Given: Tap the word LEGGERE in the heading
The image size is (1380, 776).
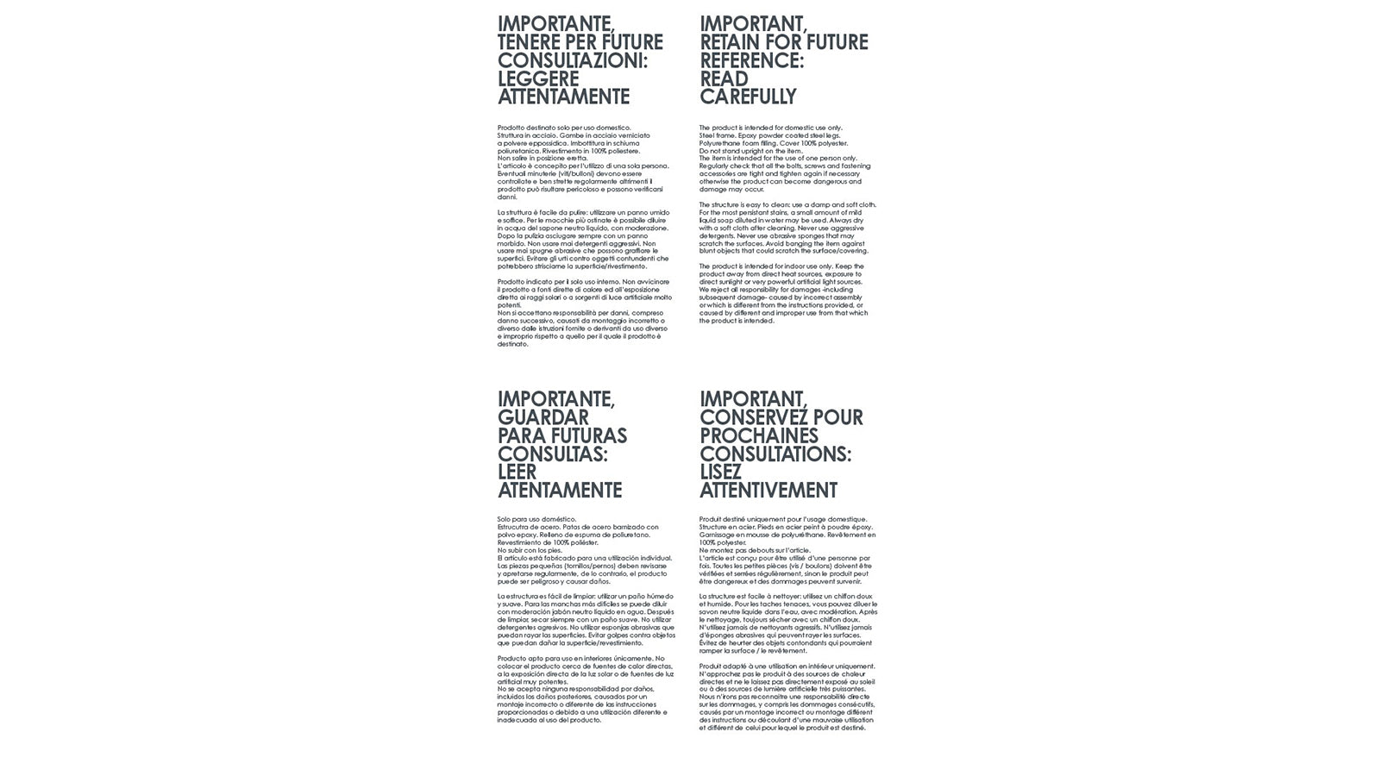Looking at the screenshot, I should point(538,78).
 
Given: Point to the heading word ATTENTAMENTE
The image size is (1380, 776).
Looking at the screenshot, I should point(563,97).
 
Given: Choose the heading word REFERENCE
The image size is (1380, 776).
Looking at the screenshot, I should point(750,60).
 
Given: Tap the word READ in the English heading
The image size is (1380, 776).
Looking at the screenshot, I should point(724,78).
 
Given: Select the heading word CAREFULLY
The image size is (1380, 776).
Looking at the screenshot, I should point(748,97).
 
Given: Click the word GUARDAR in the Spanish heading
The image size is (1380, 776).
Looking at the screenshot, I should point(543,417).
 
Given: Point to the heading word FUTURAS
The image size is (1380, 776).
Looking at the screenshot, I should point(589,435).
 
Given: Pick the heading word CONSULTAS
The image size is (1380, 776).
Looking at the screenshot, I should point(552,454).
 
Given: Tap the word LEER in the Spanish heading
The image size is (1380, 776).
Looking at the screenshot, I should point(517,472).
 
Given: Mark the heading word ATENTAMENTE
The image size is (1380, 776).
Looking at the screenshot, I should point(560,491).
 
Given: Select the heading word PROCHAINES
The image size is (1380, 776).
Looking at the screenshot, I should point(758,435).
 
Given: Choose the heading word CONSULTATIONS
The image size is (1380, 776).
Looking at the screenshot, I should point(775,454).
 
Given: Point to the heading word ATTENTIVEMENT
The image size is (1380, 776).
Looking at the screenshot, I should point(768,491).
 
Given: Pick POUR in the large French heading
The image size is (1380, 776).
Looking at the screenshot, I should point(839,417).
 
